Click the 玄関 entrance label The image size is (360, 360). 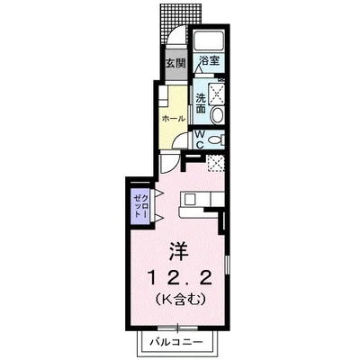coord(175,65)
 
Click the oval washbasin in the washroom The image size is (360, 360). coord(216,115)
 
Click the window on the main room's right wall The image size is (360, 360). coord(226,269)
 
